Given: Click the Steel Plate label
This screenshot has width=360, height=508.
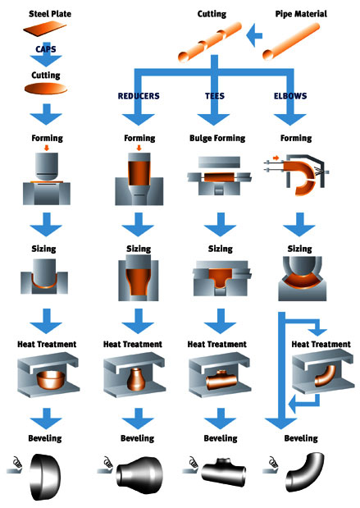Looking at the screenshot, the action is click(50, 14).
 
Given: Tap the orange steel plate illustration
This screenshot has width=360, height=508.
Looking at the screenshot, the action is click(44, 30).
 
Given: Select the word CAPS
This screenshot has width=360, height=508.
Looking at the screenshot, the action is click(46, 49).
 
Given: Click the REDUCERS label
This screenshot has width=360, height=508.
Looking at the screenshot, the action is click(139, 96).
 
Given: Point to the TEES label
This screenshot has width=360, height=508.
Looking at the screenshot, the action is click(215, 96).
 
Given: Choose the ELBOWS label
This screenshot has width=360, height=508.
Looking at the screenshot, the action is click(290, 96).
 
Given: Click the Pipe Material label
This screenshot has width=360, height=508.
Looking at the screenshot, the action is click(301, 14).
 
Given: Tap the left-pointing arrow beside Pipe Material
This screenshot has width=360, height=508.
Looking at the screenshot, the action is click(254, 35).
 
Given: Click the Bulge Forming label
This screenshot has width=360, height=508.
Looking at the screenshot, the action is click(217, 139).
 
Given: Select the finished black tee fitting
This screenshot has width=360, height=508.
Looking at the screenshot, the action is click(223, 471).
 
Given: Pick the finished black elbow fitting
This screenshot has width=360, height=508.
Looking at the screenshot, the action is click(304, 472).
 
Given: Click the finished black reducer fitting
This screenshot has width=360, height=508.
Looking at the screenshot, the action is click(139, 472).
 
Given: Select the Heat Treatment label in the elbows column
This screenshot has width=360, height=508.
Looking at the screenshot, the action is click(321, 344).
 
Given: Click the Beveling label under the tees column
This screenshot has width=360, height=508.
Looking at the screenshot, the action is click(221, 438).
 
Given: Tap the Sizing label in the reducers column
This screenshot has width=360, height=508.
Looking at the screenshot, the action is click(139, 249).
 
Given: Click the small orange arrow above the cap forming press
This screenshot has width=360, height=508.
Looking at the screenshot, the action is click(47, 148).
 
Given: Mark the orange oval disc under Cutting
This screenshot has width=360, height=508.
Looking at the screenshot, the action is click(46, 89).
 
